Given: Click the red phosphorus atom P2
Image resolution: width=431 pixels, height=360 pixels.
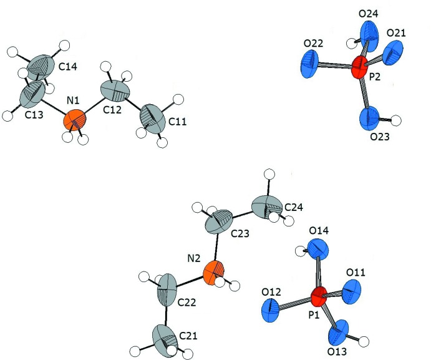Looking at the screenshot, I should click(359, 68).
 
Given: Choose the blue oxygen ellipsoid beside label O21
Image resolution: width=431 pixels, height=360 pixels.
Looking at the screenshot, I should click(394, 52).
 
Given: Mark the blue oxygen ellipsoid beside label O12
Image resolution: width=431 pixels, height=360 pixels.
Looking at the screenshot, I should click(273, 310).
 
